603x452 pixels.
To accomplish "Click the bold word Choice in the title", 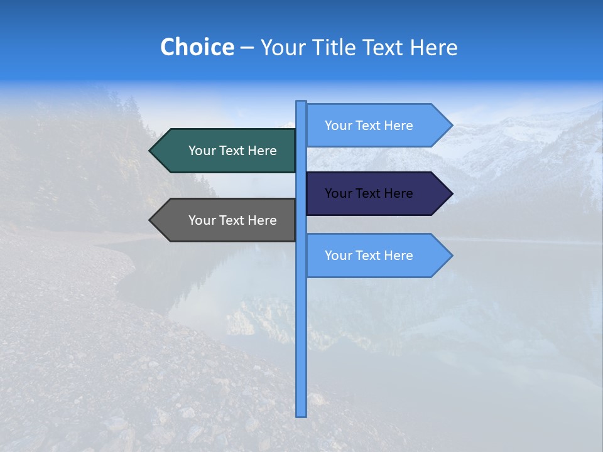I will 197,47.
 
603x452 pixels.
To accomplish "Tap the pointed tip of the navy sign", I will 451,193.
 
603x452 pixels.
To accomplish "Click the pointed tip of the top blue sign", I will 451,126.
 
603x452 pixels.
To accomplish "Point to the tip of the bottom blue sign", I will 451,256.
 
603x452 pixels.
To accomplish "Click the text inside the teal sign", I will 232,151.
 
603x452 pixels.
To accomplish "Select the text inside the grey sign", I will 232,220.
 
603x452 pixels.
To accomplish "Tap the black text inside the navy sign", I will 369,193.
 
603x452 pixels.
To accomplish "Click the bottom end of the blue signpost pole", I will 301,414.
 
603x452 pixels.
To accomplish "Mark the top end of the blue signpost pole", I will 301,103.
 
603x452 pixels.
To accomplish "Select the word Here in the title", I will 433,47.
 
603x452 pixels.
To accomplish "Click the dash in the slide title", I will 247,48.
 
